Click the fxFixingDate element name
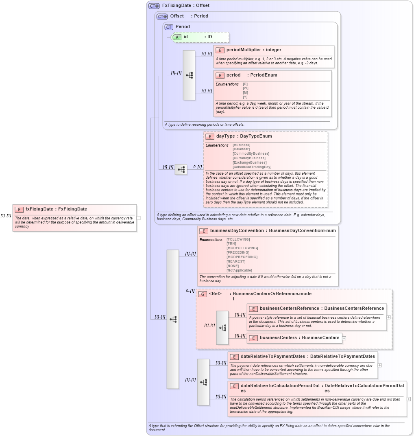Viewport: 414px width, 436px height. (39, 209)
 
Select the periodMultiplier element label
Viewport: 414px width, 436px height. (244, 50)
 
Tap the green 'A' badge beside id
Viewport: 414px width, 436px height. (177, 37)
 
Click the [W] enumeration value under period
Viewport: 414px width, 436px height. (245, 88)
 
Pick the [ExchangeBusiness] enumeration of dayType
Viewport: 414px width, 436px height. (249, 162)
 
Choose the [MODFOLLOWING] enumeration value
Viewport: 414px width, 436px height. (242, 248)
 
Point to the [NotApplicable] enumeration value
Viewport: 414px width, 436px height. (239, 270)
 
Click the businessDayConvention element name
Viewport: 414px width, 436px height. (237, 230)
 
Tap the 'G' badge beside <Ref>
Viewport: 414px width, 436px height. (202, 294)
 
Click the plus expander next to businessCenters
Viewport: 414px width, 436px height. (344, 338)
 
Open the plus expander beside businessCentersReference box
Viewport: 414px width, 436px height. (389, 317)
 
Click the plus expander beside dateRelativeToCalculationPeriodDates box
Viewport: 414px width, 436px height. (409, 399)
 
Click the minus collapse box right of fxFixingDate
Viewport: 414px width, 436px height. (138, 218)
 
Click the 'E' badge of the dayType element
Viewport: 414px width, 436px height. (210, 136)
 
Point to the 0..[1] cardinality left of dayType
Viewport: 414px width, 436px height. (197, 167)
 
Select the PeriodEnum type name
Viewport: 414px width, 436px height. (264, 75)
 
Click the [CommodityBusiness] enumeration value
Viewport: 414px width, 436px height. (251, 153)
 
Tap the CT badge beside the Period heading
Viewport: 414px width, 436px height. (169, 27)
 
